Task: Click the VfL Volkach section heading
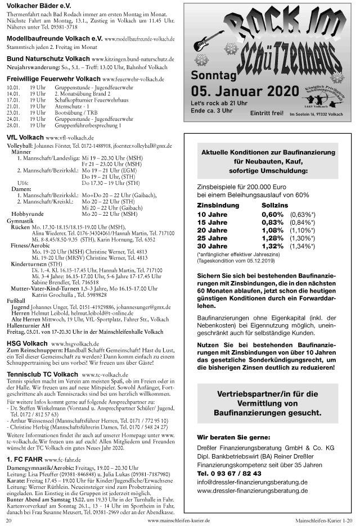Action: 25,137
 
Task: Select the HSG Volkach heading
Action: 27,343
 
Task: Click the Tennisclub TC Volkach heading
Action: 42,374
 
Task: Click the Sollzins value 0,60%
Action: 272,214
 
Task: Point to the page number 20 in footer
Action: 9,521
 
